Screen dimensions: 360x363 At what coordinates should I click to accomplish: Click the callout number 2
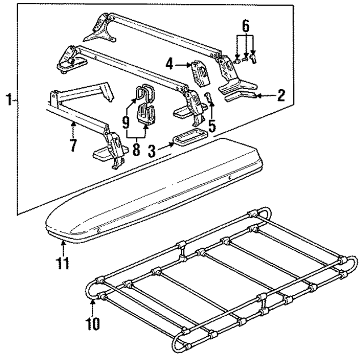click(281, 96)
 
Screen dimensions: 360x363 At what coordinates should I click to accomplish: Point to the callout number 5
click(212, 124)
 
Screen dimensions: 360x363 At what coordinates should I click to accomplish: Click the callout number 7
click(72, 145)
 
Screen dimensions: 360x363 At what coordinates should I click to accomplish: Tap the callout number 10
click(93, 324)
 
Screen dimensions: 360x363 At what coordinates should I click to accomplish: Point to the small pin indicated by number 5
click(208, 99)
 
